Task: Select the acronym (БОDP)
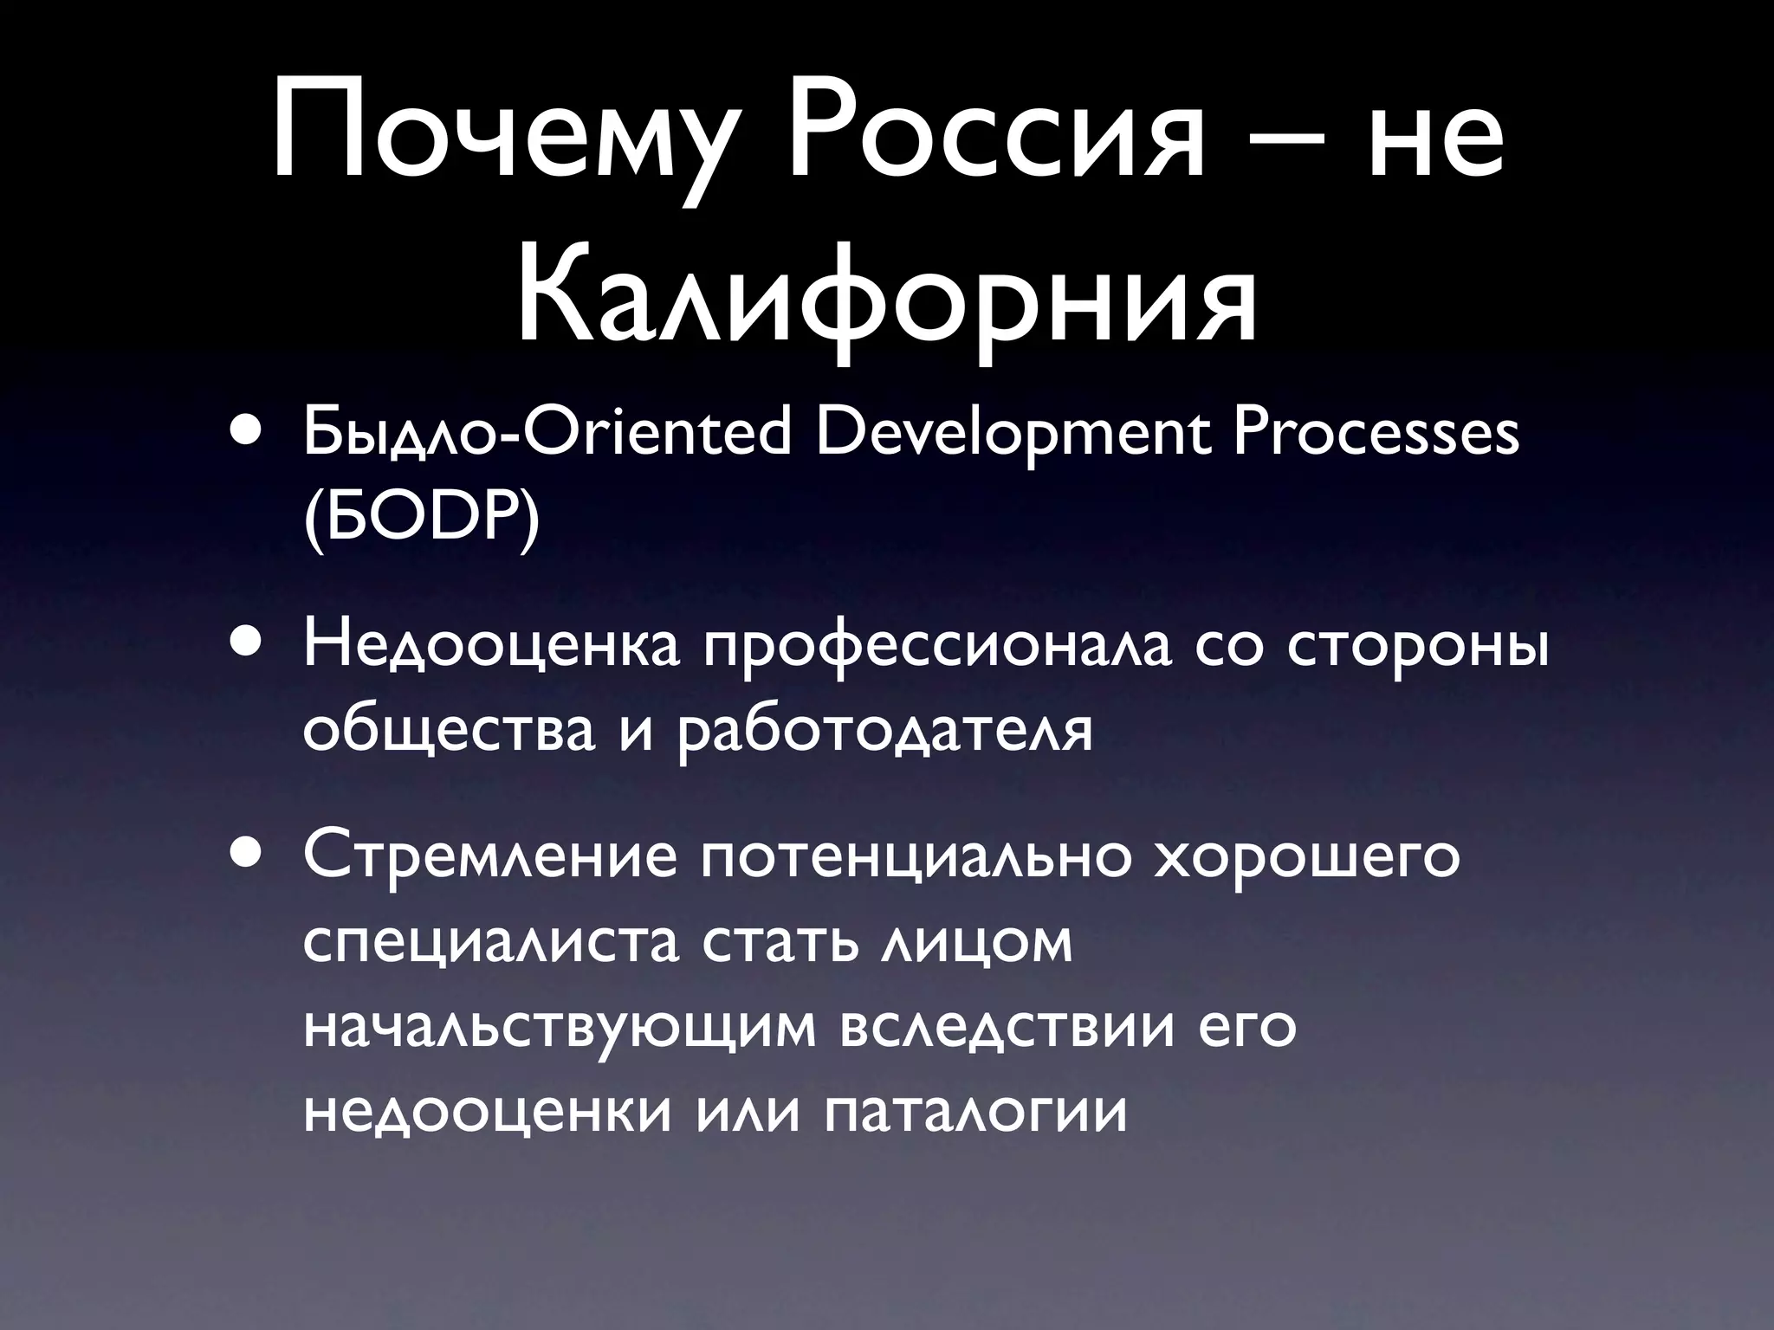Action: pos(422,521)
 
